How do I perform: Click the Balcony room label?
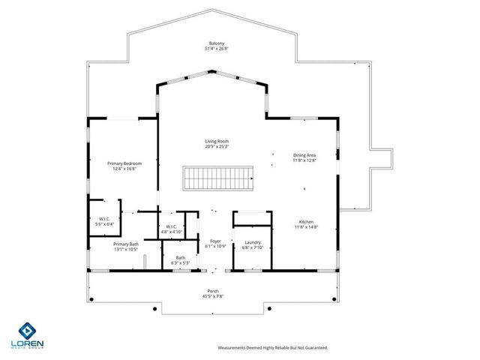pyautogui.click(x=216, y=43)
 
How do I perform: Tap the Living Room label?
pyautogui.click(x=217, y=141)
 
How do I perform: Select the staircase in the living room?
pyautogui.click(x=218, y=179)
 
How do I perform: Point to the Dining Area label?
pyautogui.click(x=304, y=155)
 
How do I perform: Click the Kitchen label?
pyautogui.click(x=307, y=222)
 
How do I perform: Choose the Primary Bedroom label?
pyautogui.click(x=124, y=163)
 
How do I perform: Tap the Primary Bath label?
pyautogui.click(x=126, y=244)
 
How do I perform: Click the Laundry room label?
pyautogui.click(x=253, y=241)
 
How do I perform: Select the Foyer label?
pyautogui.click(x=215, y=241)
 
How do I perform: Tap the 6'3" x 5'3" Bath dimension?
pyautogui.click(x=181, y=263)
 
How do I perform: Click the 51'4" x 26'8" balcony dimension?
pyautogui.click(x=216, y=48)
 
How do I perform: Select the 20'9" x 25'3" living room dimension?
pyautogui.click(x=217, y=146)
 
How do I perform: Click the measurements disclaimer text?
pyautogui.click(x=272, y=347)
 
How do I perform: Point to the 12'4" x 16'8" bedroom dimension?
pyautogui.click(x=124, y=168)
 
